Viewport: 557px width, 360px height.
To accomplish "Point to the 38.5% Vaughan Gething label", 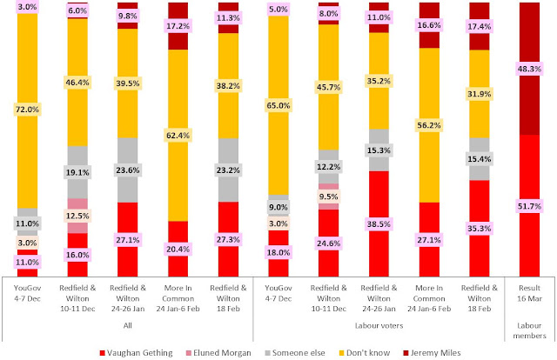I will (x=379, y=223).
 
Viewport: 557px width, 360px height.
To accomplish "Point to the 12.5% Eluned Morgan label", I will (x=78, y=216).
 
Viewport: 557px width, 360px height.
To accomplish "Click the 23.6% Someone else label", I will (x=128, y=171).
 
